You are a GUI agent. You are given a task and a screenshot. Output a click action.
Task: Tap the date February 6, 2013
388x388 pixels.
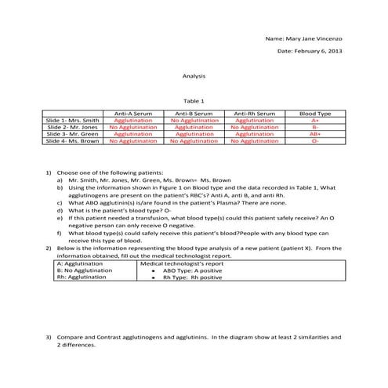[310, 51]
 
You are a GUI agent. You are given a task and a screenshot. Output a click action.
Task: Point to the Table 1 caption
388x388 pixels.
[194, 101]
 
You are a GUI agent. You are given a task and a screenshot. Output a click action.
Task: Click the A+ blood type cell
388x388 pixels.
[314, 121]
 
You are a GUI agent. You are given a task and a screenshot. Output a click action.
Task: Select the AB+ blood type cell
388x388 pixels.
[314, 135]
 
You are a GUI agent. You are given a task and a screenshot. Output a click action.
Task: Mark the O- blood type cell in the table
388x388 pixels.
[314, 142]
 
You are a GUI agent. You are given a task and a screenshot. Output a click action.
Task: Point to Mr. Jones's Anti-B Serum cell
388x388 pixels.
[194, 128]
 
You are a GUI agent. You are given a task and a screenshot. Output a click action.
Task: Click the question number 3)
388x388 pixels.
[49, 337]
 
